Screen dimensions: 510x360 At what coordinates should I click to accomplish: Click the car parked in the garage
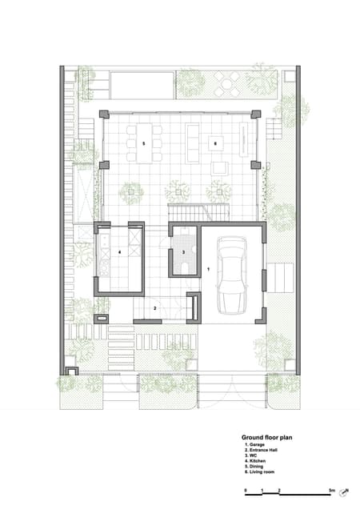point(231,276)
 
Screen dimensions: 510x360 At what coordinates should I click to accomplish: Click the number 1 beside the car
point(208,271)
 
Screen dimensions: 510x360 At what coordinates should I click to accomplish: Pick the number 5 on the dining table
point(144,143)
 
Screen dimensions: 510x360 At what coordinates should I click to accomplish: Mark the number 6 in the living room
point(214,143)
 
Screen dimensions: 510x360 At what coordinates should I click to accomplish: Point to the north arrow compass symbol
point(345,492)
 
